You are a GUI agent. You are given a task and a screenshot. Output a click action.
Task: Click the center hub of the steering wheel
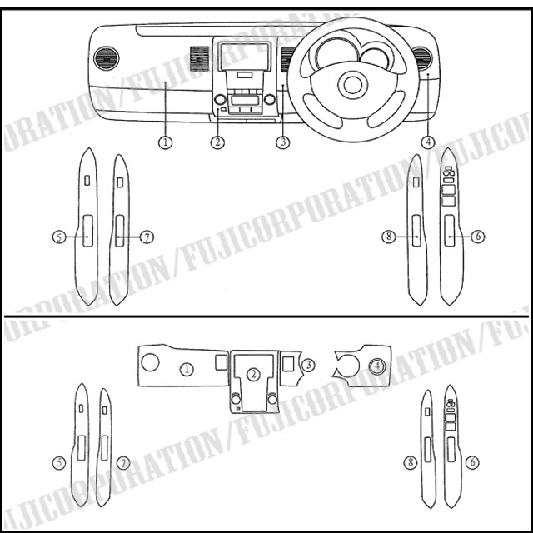pos(353,85)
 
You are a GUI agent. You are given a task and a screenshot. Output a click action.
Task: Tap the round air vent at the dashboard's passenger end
pos(107,58)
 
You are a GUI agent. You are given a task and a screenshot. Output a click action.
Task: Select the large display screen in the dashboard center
pos(245,57)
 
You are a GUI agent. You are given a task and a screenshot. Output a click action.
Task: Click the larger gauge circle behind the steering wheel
pos(337,53)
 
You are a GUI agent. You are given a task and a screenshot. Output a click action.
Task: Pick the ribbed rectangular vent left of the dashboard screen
pos(199,58)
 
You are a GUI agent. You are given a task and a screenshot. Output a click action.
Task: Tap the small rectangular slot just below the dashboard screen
pos(245,75)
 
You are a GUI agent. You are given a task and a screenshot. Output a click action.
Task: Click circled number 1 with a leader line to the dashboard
pos(165,142)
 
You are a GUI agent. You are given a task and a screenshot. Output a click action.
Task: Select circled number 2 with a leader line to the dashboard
pos(217,142)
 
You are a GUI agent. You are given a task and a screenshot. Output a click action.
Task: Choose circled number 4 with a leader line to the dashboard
pos(427,142)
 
